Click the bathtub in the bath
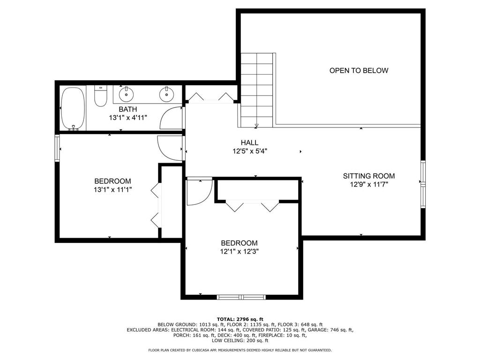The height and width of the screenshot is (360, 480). [x=73, y=109]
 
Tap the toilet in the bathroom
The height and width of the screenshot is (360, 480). [x=100, y=96]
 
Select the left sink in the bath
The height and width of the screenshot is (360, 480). [x=126, y=94]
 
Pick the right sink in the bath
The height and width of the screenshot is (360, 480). [x=166, y=94]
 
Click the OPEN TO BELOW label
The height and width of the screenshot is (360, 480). [x=359, y=70]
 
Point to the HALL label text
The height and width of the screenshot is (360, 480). [x=249, y=142]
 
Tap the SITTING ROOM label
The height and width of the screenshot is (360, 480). [x=369, y=176]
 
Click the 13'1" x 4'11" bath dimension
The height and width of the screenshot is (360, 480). [x=128, y=118]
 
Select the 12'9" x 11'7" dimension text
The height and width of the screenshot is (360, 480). [x=369, y=184]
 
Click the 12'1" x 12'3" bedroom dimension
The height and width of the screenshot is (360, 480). [x=240, y=252]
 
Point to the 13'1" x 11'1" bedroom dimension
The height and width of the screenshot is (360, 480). [x=112, y=190]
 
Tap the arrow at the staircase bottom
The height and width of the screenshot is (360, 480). [x=256, y=125]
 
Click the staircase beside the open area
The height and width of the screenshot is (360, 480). [x=257, y=90]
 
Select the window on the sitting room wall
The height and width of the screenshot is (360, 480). [x=423, y=184]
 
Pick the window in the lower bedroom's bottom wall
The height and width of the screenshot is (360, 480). [x=241, y=297]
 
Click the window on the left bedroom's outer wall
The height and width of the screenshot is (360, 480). [x=57, y=148]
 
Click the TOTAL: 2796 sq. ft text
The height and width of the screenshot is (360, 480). [x=240, y=319]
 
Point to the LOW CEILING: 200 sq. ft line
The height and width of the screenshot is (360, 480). [x=240, y=340]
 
